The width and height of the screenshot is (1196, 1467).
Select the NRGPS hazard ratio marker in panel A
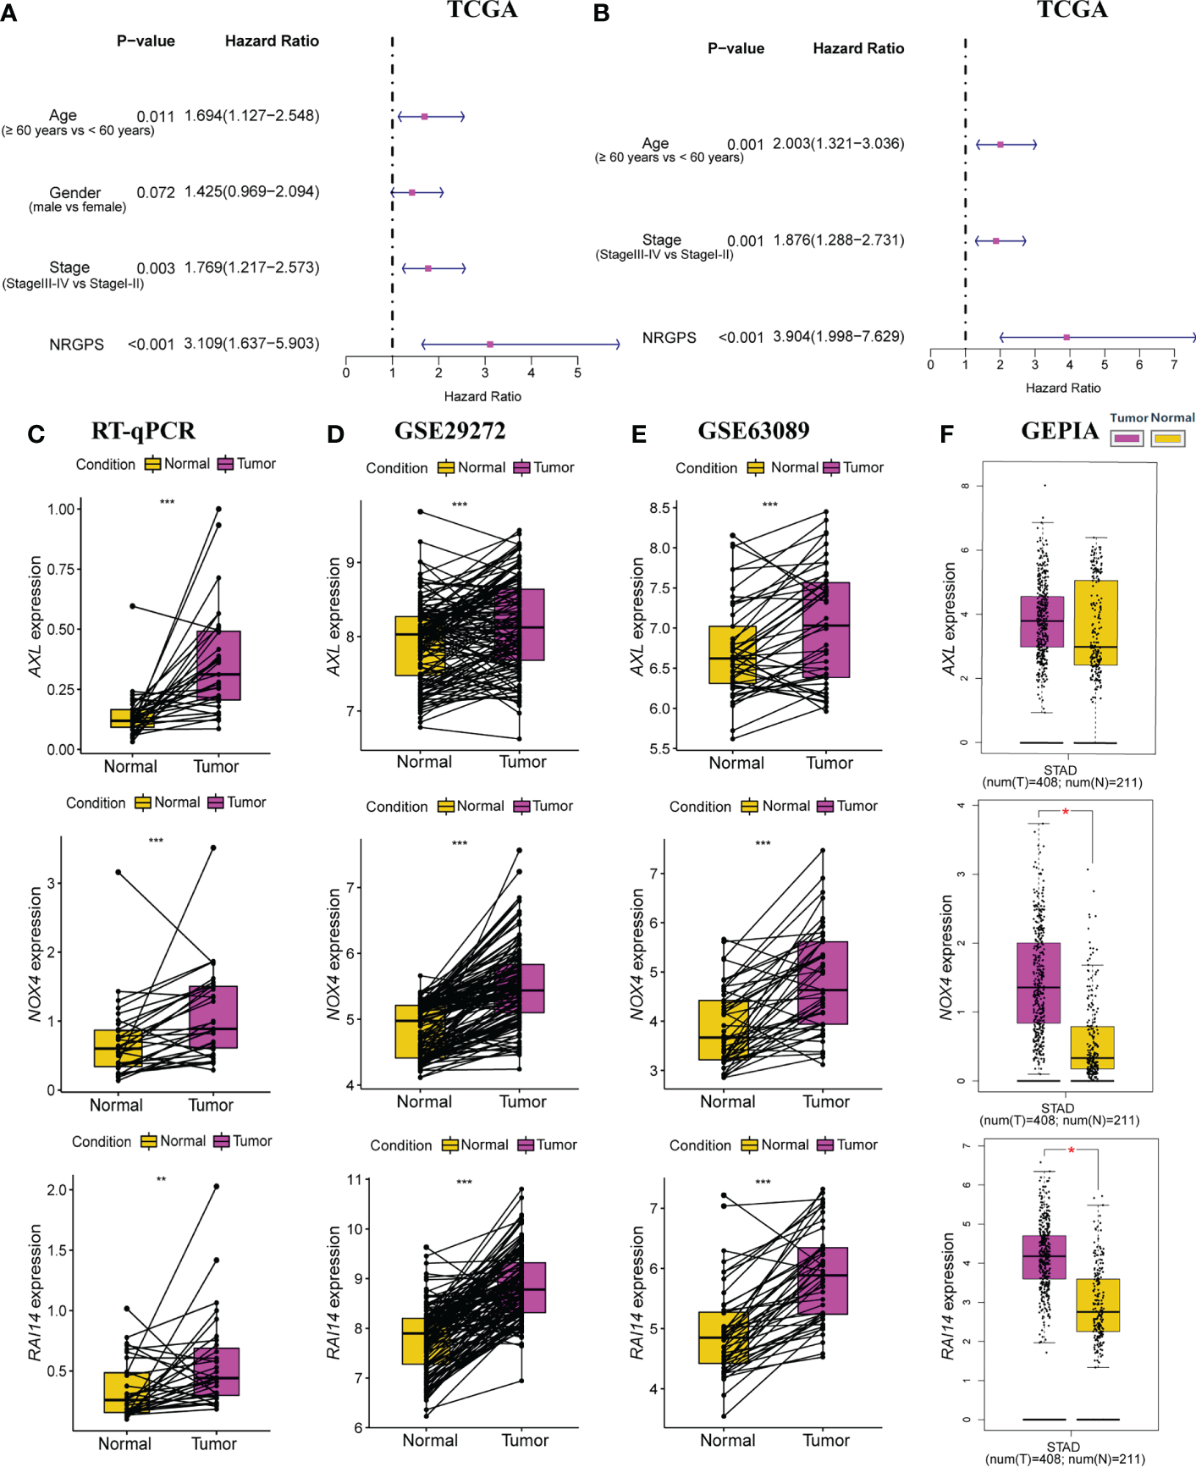pos(490,345)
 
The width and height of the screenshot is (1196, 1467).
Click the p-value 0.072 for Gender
pos(156,193)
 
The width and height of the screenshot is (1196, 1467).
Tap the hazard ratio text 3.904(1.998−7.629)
pos(838,337)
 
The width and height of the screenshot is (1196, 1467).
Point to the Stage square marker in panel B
pos(996,241)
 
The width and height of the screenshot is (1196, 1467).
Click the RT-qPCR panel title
pos(143,432)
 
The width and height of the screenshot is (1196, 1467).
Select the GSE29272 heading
pos(449,432)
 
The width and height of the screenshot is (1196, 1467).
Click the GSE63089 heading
pos(753,432)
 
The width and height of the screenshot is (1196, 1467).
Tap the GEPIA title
pos(1060,432)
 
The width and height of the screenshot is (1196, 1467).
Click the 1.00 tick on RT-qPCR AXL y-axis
pos(62,510)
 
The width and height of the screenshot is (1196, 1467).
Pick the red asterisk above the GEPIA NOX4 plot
pos(1066,813)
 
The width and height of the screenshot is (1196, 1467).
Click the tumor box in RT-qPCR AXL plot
pos(218,665)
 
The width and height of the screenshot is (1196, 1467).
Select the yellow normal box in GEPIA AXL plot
pos(1095,622)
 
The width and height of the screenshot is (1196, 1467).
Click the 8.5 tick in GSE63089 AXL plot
pos(660,508)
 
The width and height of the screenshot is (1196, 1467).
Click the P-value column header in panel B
pos(736,49)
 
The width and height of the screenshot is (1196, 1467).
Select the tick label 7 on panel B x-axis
pos(1174,365)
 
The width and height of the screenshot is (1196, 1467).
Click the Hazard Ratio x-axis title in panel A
pos(482,396)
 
